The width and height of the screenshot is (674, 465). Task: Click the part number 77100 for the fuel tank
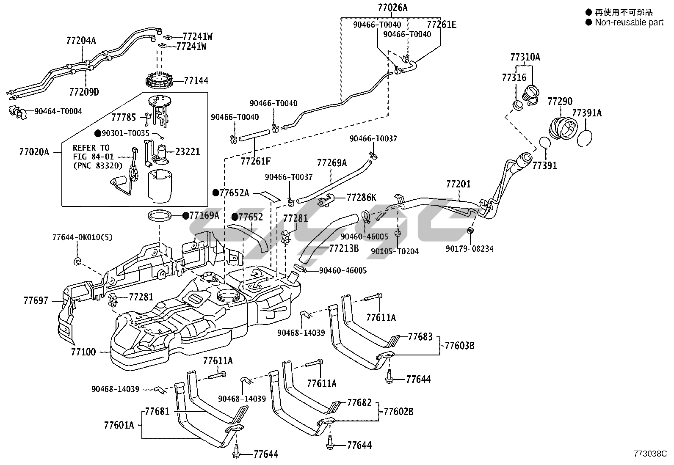83,352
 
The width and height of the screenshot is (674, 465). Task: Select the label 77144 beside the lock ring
196,80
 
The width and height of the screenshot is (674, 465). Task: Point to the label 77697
36,301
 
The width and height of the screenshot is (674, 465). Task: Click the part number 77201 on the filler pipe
459,184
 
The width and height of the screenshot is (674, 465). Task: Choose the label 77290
560,101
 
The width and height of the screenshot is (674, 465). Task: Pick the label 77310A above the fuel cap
525,57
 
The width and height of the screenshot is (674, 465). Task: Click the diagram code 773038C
650,454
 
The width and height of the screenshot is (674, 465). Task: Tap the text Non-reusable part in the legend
629,22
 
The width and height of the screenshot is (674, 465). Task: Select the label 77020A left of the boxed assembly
34,151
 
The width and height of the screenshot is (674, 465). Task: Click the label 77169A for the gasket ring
204,215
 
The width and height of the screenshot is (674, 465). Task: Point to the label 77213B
344,248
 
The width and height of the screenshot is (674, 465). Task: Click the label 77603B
459,346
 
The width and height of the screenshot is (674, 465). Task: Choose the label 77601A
119,425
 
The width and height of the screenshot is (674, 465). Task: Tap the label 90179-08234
470,249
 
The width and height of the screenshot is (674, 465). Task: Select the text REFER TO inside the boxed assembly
91,148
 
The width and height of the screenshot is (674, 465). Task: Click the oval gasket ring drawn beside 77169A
161,216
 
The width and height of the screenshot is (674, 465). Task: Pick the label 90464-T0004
58,111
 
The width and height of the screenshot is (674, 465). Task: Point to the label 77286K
361,197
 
